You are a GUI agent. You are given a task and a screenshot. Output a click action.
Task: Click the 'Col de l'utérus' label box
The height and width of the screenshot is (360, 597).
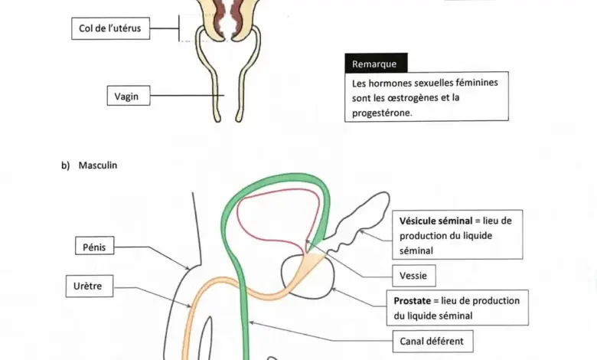point(110,28)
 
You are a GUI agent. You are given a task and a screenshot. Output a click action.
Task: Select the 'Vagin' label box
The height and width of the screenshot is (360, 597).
point(129,96)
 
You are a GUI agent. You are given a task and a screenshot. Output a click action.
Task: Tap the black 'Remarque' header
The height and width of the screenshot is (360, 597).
point(376,64)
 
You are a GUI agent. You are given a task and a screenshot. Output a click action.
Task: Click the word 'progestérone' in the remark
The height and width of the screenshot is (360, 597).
point(381,113)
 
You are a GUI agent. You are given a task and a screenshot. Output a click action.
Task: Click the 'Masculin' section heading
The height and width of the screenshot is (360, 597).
point(98,165)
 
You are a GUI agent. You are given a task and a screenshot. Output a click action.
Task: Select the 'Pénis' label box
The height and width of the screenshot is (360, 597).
point(94,246)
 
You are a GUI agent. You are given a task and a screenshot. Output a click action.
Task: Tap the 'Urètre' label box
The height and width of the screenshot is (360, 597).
point(90,286)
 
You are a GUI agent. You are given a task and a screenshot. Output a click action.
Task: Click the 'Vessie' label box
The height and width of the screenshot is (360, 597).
point(414,276)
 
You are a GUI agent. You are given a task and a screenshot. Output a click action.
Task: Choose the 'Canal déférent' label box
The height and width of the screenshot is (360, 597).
point(433,342)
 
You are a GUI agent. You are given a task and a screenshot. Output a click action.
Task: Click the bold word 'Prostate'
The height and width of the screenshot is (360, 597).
point(412,301)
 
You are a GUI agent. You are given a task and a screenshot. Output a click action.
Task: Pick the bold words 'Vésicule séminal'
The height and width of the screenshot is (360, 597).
point(436,221)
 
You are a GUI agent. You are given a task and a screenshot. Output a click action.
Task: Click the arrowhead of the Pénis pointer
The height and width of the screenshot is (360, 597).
point(188,269)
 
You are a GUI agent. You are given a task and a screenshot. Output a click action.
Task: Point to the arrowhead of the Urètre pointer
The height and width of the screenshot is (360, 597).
point(189,306)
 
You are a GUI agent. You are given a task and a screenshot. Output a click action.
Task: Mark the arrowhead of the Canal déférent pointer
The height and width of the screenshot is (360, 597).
point(251,323)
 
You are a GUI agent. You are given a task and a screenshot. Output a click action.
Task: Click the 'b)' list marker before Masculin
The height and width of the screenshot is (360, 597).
point(66,165)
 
